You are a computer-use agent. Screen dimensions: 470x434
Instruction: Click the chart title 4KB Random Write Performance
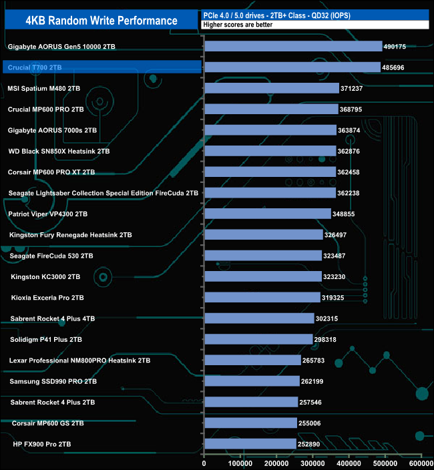click(101, 20)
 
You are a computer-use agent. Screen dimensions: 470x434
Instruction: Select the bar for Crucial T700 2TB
click(292, 67)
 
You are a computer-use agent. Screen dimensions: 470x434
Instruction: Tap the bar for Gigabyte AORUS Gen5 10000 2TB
click(294, 47)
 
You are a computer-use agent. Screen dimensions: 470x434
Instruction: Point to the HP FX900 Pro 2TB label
click(42, 444)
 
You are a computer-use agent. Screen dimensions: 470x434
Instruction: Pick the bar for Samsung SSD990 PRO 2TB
click(252, 381)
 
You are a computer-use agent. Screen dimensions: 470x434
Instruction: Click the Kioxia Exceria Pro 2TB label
click(47, 297)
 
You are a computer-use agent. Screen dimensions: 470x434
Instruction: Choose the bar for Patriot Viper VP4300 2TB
click(268, 214)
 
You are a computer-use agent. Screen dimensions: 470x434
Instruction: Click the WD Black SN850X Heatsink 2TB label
click(59, 151)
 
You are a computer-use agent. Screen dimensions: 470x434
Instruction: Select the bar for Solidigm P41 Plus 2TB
click(258, 339)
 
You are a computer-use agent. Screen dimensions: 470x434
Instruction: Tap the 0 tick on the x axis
click(204, 462)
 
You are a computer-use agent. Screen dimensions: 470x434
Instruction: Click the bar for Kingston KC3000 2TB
click(263, 276)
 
